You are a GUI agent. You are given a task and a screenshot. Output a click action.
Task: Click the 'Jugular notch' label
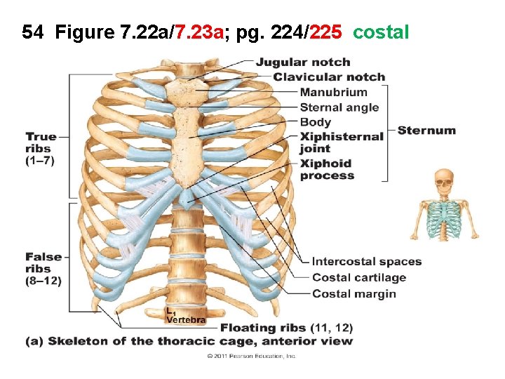302,62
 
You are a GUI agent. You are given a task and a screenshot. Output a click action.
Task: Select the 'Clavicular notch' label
329,77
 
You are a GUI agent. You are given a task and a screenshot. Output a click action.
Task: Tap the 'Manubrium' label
333,92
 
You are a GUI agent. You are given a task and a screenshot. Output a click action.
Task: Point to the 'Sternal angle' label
339,107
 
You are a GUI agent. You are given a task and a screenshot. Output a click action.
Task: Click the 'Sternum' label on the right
426,130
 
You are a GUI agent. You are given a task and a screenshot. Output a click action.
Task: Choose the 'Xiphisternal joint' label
342,142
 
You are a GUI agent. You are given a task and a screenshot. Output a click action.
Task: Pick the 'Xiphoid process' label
327,169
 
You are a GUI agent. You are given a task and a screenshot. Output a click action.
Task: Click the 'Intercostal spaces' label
366,262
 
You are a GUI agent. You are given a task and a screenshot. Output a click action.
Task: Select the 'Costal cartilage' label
359,278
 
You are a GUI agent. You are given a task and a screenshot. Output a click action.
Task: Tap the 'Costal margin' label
354,293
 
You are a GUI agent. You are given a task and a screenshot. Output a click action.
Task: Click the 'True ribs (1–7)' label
41,148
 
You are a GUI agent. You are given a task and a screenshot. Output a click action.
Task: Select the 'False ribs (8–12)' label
43,269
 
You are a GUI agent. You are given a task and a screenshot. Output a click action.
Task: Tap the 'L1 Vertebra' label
185,317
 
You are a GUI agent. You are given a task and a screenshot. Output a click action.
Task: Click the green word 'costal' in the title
381,32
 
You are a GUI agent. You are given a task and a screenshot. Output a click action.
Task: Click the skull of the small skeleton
443,181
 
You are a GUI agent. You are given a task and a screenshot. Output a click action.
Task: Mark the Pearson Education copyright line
252,357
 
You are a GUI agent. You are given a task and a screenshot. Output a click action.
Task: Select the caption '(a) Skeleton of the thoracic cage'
189,341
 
